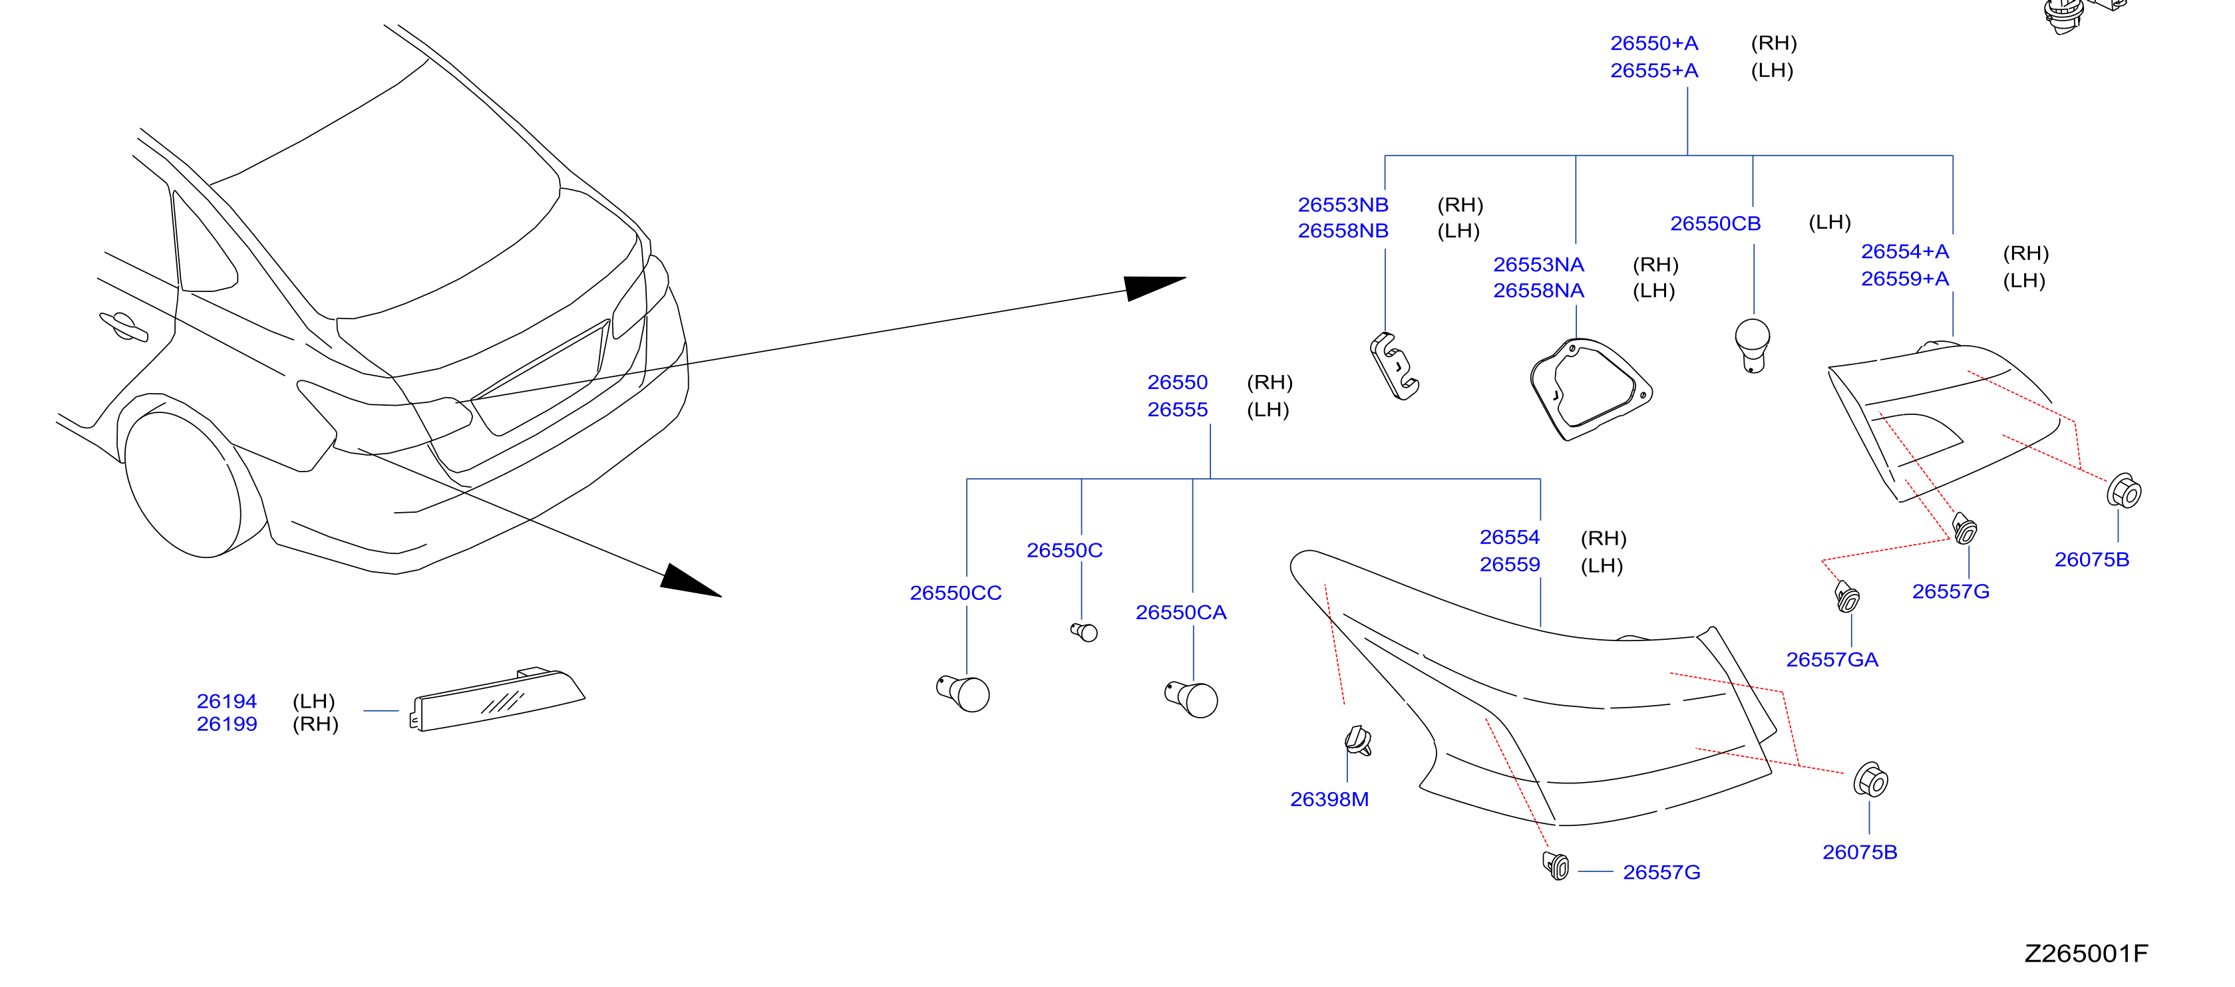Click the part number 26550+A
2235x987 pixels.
point(1653,43)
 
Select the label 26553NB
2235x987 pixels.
point(1343,205)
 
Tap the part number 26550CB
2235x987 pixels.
point(1715,223)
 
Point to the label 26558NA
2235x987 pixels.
point(1538,291)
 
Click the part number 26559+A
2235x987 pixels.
point(1904,279)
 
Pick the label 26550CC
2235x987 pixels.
point(955,593)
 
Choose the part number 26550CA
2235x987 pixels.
point(1181,613)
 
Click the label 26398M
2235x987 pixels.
point(1329,799)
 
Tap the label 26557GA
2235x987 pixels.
point(1832,660)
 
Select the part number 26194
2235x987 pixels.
point(226,701)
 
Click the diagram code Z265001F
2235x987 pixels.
point(2087,954)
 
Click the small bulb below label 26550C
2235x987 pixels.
point(1085,633)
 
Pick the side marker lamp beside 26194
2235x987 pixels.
point(496,699)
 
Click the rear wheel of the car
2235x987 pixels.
point(184,485)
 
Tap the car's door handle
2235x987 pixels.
point(123,326)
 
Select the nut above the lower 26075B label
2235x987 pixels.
point(1870,779)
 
